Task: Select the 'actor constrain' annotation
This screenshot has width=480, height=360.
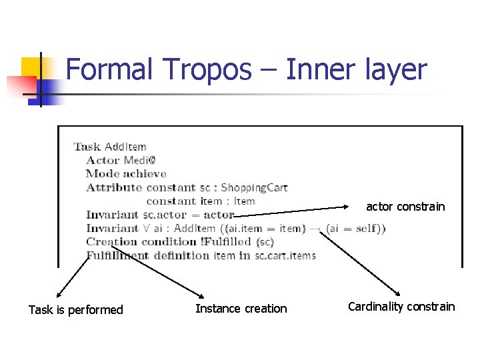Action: [405, 207]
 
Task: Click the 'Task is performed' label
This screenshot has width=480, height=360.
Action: [76, 309]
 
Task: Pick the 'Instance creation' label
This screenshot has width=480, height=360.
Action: [241, 309]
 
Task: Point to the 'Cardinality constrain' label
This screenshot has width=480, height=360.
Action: [401, 307]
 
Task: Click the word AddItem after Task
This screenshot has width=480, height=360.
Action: [125, 147]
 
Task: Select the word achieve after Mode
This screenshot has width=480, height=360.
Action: [145, 173]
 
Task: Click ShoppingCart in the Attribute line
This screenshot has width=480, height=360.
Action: [254, 187]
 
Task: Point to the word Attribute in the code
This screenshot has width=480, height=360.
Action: [114, 187]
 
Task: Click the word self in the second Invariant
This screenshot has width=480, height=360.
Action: [365, 228]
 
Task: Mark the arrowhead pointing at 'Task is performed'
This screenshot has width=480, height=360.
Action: [58, 294]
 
